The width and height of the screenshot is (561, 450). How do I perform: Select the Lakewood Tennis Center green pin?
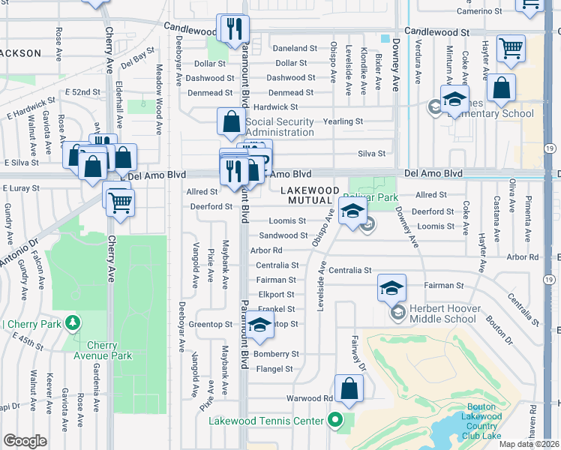pos(336,421)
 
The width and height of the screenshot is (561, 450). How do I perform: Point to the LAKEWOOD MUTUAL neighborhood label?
pos(316,196)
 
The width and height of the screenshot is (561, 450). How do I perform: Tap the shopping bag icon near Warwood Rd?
pos(349,388)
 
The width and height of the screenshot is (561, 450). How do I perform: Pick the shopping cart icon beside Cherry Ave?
pos(119,201)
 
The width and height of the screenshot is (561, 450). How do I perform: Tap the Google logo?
pos(25,441)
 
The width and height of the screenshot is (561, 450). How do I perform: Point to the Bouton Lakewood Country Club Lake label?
pos(480,421)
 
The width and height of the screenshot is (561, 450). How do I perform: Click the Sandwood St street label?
pos(283,235)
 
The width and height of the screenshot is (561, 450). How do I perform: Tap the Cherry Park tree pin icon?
pos(73,323)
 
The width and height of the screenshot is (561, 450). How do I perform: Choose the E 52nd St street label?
pos(82,91)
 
